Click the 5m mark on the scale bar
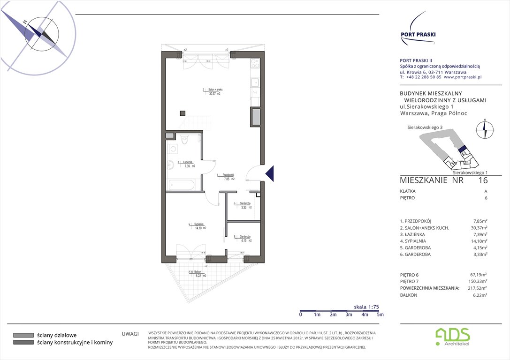tap(380, 315)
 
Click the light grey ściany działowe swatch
tap(23, 335)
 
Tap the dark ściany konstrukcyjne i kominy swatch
tap(23, 343)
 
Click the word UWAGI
tap(130, 334)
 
